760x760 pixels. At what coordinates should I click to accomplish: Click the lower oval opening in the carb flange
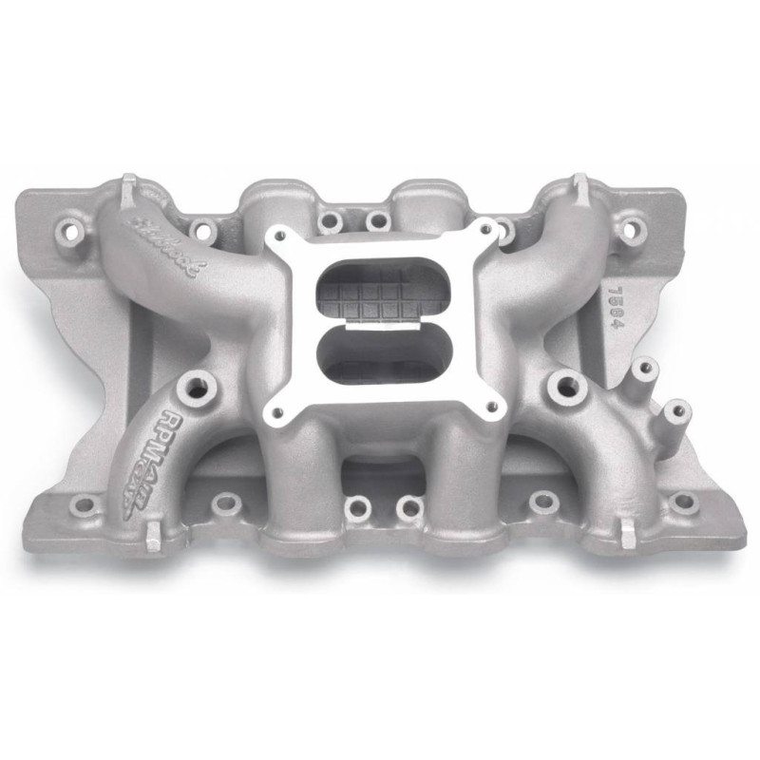[x=380, y=357]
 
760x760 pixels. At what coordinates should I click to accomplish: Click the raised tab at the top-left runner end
[x=126, y=185]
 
